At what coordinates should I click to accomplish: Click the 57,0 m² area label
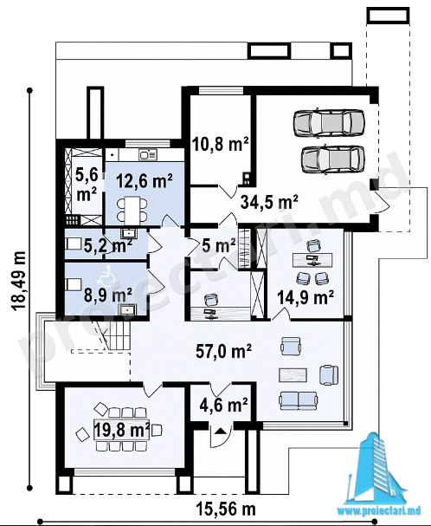pyautogui.click(x=223, y=352)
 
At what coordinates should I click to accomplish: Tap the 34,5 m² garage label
pyautogui.click(x=269, y=202)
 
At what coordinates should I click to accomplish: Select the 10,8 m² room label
pyautogui.click(x=221, y=144)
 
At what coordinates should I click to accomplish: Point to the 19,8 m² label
pyautogui.click(x=122, y=430)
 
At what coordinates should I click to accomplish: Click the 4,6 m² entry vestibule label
pyautogui.click(x=223, y=405)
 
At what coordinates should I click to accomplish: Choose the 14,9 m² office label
pyautogui.click(x=306, y=297)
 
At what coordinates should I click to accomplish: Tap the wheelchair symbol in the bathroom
pyautogui.click(x=107, y=276)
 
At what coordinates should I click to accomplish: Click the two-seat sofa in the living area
pyautogui.click(x=298, y=401)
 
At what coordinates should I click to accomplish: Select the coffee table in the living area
pyautogui.click(x=293, y=375)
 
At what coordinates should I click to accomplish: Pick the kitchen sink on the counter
pyautogui.click(x=148, y=154)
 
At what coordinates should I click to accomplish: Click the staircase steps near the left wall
pyautogui.click(x=118, y=335)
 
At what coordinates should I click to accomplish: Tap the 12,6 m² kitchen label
pyautogui.click(x=145, y=181)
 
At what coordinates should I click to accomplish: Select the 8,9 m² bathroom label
pyautogui.click(x=107, y=295)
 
